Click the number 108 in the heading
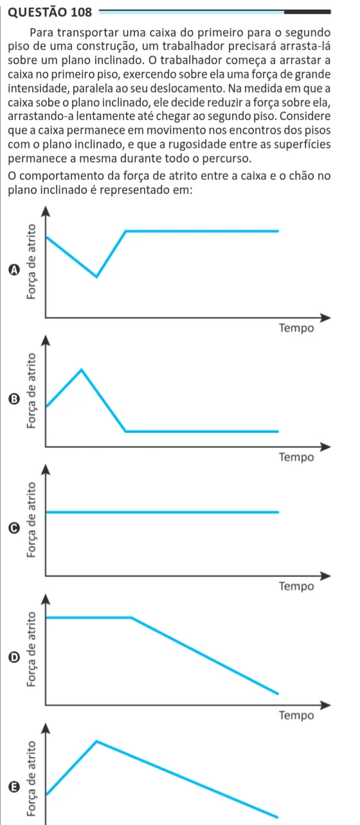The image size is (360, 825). click(82, 12)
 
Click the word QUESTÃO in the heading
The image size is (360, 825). click(38, 12)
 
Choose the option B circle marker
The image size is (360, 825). click(14, 399)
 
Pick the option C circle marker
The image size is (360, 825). click(14, 528)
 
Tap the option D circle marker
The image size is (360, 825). click(14, 657)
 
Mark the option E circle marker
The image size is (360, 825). click(14, 787)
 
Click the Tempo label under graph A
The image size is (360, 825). click(296, 328)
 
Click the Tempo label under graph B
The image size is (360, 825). click(296, 457)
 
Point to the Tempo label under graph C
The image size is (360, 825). click(296, 586)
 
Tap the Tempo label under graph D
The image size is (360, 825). click(296, 715)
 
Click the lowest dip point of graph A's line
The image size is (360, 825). click(96, 276)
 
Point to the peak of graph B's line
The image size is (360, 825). click(82, 369)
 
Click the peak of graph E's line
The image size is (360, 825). click(96, 741)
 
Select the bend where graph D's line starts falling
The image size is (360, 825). click(132, 617)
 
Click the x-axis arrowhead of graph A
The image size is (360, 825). click(326, 317)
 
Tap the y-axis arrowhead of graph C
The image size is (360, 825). click(46, 470)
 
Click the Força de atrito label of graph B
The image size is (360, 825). click(32, 391)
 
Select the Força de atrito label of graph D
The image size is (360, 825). click(32, 649)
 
